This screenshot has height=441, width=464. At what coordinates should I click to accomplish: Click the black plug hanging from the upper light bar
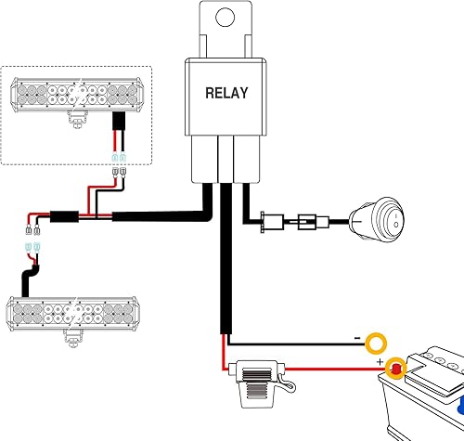(120, 124)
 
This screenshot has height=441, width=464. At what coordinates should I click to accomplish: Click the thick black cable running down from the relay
(226, 269)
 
